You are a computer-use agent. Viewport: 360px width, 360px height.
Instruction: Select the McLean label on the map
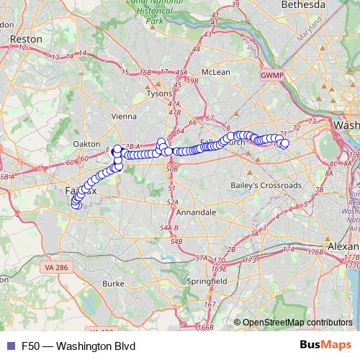[216, 72]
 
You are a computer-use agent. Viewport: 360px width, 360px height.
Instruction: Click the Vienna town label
[125, 115]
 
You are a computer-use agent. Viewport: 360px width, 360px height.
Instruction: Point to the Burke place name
[114, 284]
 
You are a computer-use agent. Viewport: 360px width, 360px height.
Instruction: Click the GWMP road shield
[272, 74]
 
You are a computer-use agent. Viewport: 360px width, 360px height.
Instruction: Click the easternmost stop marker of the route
[284, 143]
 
